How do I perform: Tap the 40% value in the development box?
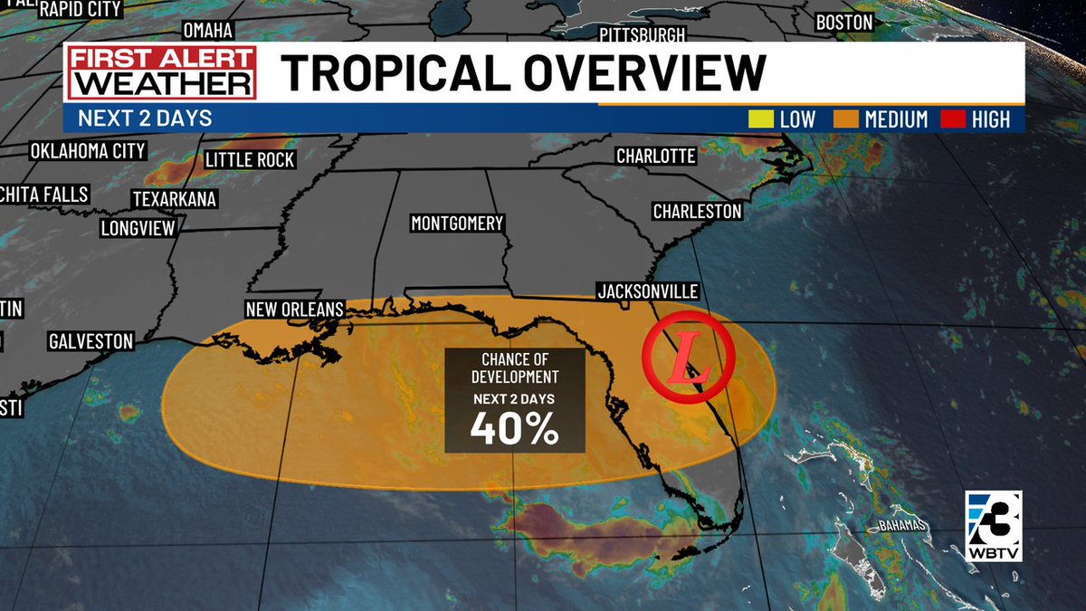513,430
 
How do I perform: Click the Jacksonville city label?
647,291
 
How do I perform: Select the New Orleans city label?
295,310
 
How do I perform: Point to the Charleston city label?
697,211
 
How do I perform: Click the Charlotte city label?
655,156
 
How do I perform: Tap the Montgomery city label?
457,224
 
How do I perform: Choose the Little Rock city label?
250,160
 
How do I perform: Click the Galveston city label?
90,341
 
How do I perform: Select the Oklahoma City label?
87,150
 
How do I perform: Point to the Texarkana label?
174,199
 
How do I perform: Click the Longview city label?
137,228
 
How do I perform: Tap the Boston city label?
843,23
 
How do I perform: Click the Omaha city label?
208,30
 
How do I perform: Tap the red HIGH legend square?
953,119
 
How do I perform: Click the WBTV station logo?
993,525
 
